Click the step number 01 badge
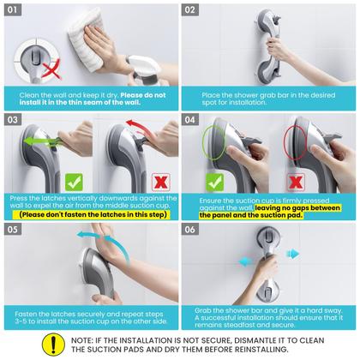[x=13, y=10]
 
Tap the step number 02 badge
[x=190, y=10]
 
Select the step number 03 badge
[x=13, y=119]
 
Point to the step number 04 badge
[x=190, y=119]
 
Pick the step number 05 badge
[x=13, y=230]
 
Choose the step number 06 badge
[x=190, y=230]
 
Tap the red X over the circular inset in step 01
[x=51, y=69]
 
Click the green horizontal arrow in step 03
[x=42, y=141]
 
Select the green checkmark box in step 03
[x=74, y=182]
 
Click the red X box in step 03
[x=161, y=182]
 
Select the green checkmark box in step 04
[x=214, y=183]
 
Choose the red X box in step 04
[x=296, y=183]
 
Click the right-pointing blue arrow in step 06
[x=292, y=254]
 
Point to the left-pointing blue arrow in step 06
[x=245, y=261]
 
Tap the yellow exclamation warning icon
[x=53, y=345]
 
